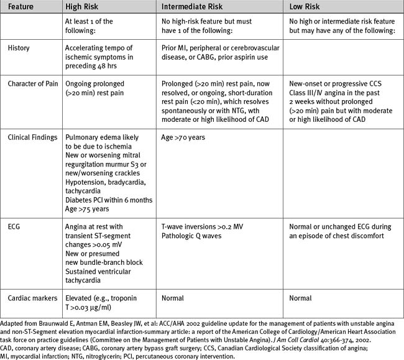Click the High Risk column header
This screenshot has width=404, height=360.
tap(85, 6)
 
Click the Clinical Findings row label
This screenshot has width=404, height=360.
tap(32, 137)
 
